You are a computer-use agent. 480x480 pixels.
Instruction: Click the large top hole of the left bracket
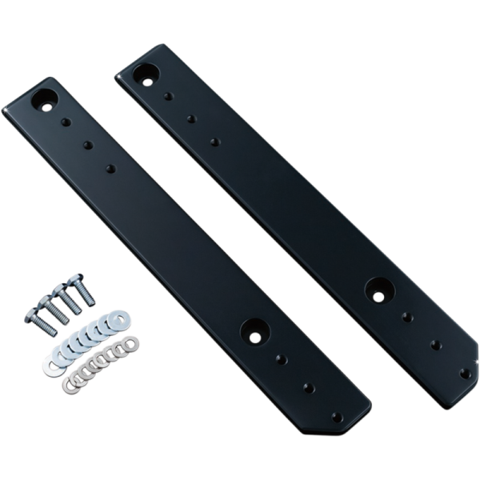click(43, 102)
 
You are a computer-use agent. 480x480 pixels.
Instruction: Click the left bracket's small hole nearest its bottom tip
click(337, 417)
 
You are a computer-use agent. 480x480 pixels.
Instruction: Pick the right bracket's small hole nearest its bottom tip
click(465, 372)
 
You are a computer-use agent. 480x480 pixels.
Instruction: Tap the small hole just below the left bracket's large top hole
click(66, 123)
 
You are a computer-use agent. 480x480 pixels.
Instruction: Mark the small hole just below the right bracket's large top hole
click(168, 97)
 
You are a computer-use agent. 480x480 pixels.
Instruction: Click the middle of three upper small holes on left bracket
click(87, 146)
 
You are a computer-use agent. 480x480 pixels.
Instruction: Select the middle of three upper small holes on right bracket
click(191, 119)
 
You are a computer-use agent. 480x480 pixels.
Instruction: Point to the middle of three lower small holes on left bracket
click(309, 388)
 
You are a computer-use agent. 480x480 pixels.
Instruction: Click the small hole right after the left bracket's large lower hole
click(281, 360)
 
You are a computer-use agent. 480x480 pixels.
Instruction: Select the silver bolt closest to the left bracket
click(82, 289)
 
